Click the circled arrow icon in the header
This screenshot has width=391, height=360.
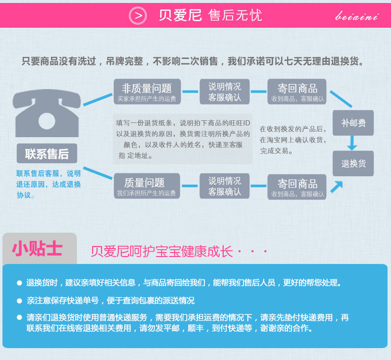click(x=138, y=16)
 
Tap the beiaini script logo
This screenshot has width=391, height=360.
click(x=357, y=16)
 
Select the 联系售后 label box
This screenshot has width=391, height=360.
click(x=47, y=154)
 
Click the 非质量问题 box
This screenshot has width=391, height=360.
click(x=147, y=92)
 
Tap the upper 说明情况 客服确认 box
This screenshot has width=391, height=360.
click(x=225, y=92)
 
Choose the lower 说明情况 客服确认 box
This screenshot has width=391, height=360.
click(x=225, y=186)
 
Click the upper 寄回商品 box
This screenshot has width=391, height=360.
click(x=297, y=92)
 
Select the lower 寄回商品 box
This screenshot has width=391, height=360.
click(x=297, y=187)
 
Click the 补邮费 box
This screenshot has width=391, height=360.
click(x=353, y=123)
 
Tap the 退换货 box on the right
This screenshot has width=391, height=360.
click(x=353, y=163)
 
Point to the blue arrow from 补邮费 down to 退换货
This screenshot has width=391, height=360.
click(x=352, y=143)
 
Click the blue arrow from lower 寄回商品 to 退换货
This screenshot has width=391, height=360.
click(x=337, y=186)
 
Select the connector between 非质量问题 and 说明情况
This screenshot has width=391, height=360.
click(x=190, y=92)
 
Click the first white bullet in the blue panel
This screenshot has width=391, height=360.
click(x=19, y=283)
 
